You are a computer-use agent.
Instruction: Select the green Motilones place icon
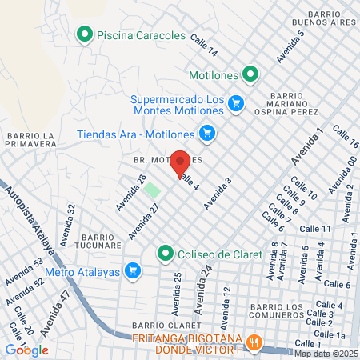click(x=250, y=74)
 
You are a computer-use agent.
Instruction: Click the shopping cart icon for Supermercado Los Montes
click(x=235, y=103)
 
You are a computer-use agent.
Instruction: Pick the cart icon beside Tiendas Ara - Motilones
click(x=206, y=134)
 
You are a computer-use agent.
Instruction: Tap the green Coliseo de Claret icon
click(x=166, y=254)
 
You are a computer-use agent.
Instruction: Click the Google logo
click(x=26, y=350)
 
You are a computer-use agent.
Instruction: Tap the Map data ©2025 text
click(x=325, y=354)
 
